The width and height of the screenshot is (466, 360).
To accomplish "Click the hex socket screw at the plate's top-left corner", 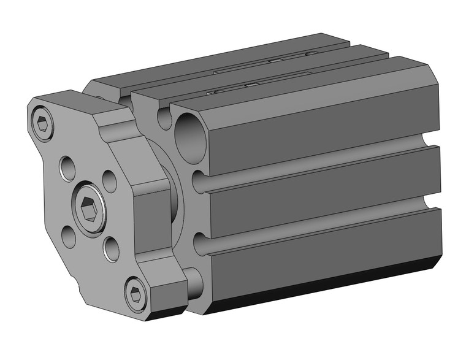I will [42, 124].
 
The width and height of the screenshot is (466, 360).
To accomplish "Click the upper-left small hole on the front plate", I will [67, 166].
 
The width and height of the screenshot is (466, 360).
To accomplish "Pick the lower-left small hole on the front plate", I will [69, 237].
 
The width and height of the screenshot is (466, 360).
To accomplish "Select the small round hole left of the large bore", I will [164, 118].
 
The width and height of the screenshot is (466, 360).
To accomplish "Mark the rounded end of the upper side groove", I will [199, 182].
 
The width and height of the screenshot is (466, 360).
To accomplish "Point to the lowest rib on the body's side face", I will [325, 251].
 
